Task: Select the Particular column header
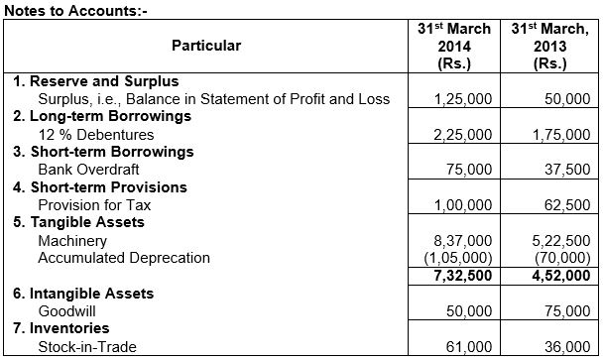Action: tap(205, 46)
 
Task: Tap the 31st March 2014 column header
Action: tap(457, 46)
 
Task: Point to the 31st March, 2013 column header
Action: tap(549, 46)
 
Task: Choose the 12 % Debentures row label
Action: tap(94, 135)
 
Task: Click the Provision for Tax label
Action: tap(93, 204)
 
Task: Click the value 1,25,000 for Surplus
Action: tap(463, 100)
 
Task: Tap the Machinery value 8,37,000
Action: tap(463, 241)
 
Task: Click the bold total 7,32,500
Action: tap(463, 275)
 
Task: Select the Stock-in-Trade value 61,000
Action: tap(471, 346)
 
